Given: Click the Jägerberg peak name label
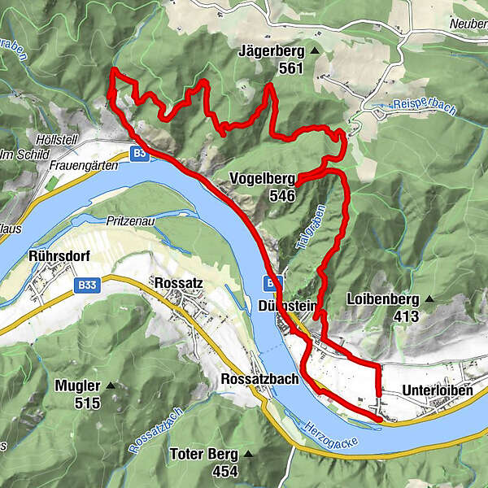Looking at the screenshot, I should point(271,51).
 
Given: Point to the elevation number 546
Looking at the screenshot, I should point(277,196).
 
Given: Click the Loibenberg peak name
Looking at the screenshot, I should point(381,298).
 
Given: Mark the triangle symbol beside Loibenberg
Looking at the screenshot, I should point(430,298).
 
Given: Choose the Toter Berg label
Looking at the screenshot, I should point(204,454).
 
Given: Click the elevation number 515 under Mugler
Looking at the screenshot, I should point(87,403).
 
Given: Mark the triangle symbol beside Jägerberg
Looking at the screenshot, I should point(314,51).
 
